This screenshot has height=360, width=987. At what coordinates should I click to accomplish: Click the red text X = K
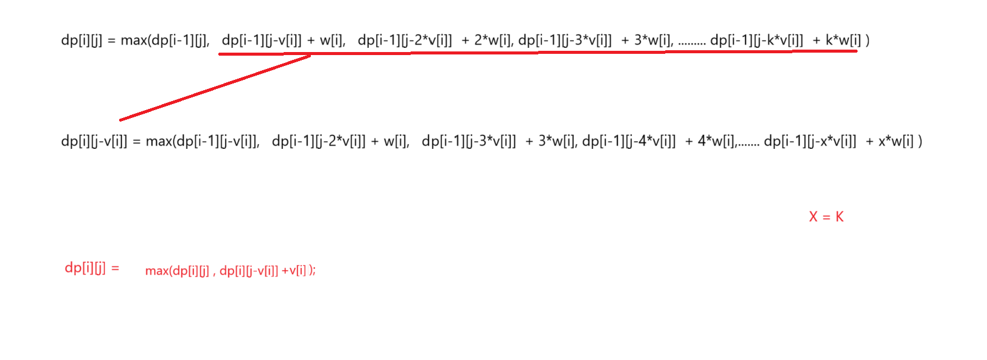click(826, 217)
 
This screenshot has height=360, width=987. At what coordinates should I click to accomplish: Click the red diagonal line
click(215, 87)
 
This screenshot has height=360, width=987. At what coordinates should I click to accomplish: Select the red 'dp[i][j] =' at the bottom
click(92, 267)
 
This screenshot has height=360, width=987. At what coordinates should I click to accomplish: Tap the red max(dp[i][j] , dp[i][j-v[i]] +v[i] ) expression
click(230, 270)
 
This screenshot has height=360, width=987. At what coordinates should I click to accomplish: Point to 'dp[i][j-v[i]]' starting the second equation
click(94, 142)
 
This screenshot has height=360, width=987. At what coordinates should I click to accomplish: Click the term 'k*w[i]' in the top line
click(843, 41)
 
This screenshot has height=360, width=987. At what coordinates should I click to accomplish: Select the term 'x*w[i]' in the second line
click(896, 142)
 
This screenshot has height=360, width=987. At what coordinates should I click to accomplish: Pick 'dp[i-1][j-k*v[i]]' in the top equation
click(757, 41)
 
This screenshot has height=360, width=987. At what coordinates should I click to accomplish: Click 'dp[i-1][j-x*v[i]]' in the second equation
click(810, 142)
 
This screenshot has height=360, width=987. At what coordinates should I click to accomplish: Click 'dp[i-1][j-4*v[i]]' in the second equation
click(629, 142)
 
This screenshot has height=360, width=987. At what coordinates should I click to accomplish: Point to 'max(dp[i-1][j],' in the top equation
click(165, 41)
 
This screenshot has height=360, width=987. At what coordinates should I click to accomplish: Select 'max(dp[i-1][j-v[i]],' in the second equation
click(203, 142)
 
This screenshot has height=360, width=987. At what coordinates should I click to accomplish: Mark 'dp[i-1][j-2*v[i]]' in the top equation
click(405, 41)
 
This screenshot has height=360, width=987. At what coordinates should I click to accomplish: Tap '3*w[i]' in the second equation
click(558, 142)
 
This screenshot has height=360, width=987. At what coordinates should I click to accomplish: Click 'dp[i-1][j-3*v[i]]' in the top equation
click(565, 41)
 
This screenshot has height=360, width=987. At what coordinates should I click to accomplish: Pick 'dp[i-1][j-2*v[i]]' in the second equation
click(319, 142)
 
